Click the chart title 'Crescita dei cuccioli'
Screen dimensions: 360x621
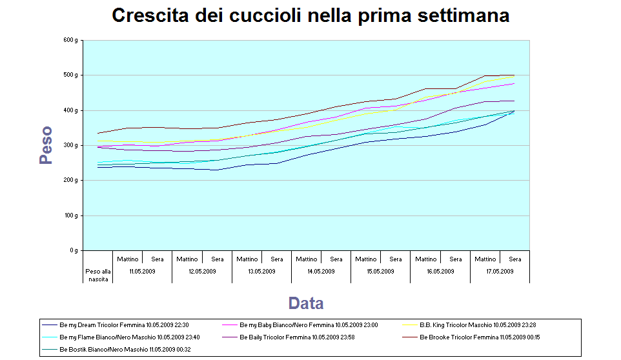pos(310,15)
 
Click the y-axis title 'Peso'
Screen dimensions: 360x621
pos(45,145)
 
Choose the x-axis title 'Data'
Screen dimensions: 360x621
pos(306,303)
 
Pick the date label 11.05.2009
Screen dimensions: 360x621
pos(142,271)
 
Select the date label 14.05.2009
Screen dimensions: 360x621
pos(321,271)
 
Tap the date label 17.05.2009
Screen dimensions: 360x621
pos(500,271)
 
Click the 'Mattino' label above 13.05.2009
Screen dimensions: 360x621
pos(247,259)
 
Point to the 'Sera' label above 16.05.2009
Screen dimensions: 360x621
pos(455,259)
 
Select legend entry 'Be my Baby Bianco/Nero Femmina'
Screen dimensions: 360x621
pos(309,325)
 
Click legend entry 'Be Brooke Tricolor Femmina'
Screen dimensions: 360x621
pos(480,337)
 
